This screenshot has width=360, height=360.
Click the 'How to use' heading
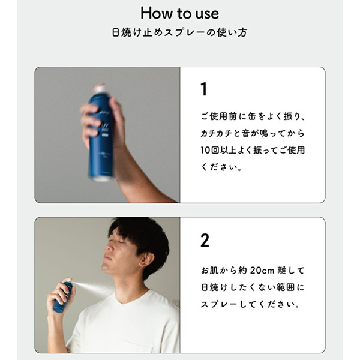(x=179, y=13)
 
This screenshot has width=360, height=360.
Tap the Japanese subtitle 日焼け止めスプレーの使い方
(x=179, y=32)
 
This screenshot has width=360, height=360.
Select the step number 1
(x=204, y=89)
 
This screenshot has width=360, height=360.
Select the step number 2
(x=205, y=241)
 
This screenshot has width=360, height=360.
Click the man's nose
(x=109, y=248)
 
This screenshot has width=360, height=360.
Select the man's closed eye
(x=121, y=242)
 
